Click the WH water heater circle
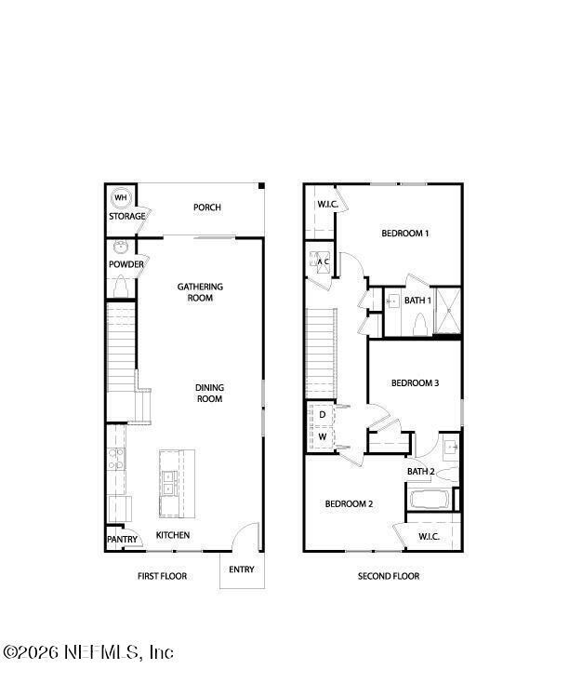click(121, 197)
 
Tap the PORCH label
click(206, 208)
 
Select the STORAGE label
click(126, 217)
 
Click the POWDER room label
click(126, 264)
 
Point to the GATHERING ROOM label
click(200, 292)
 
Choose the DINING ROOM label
click(209, 393)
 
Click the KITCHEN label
click(173, 535)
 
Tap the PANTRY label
click(122, 540)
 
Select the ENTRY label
click(241, 569)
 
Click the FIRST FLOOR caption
click(162, 576)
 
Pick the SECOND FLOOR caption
click(389, 576)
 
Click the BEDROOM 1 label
click(405, 234)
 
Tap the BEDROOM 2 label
click(349, 504)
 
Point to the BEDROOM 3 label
click(415, 382)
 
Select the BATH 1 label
click(418, 301)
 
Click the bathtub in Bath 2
click(430, 499)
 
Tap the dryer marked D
click(322, 413)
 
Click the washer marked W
click(322, 435)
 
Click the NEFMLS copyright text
click(88, 652)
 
